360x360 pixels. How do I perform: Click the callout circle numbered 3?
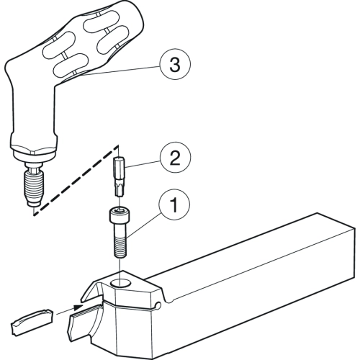pyautogui.click(x=175, y=64)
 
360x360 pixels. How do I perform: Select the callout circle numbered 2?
pyautogui.click(x=175, y=158)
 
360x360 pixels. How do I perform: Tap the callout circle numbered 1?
pyautogui.click(x=174, y=204)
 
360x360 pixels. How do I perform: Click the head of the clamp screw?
pyautogui.click(x=120, y=215)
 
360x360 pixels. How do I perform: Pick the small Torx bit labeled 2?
pyautogui.click(x=120, y=176)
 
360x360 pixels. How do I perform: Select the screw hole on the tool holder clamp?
pyautogui.click(x=120, y=284)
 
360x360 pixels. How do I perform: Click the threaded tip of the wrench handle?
pyautogui.click(x=34, y=188)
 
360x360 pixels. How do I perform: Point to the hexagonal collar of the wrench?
pyautogui.click(x=34, y=150)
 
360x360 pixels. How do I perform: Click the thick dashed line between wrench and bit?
pyautogui.click(x=76, y=180)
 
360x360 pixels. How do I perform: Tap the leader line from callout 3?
pyautogui.click(x=121, y=71)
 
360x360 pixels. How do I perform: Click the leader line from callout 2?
pyautogui.click(x=143, y=163)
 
